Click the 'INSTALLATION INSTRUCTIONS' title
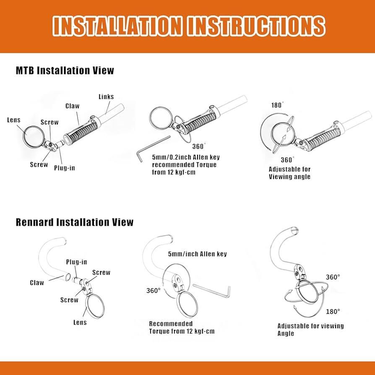coord(189,26)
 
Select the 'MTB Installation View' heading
coord(65,70)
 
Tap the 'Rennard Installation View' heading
coord(74,222)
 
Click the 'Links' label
coord(106,96)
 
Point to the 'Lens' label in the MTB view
coord(14,120)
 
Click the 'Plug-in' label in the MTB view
coord(64,168)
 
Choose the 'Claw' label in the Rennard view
coord(37,282)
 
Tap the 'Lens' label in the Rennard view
coord(80,322)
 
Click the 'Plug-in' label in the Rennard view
coord(76,262)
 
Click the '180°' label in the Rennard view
coord(333,311)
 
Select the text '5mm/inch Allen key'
coord(197,254)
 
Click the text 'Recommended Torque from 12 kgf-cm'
coord(182,328)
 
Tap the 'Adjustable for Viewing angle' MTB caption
coord(289,173)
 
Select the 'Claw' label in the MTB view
coord(72,106)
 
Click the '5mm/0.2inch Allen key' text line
coord(186,157)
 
